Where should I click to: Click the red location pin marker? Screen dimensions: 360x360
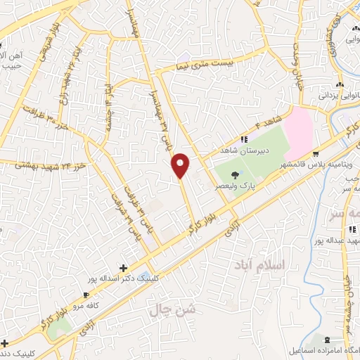[181, 165]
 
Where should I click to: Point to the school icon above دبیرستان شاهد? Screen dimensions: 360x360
[244, 139]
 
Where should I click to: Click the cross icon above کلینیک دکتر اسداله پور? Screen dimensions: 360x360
[124, 268]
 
